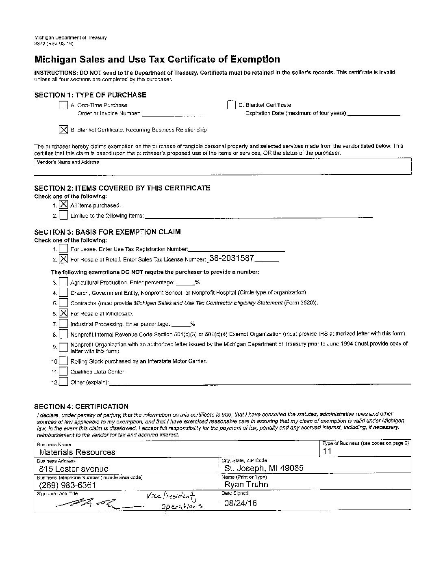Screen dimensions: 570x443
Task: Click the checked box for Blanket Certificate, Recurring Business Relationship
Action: (x=63, y=130)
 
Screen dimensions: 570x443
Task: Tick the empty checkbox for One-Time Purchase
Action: (x=63, y=105)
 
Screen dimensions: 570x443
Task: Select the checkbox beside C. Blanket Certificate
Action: (x=231, y=105)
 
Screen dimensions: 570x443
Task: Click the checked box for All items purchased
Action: (x=63, y=205)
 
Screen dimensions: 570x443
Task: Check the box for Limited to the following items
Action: (x=63, y=215)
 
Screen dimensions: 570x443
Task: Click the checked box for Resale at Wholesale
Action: (x=63, y=313)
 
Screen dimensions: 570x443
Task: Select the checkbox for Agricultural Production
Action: (x=63, y=282)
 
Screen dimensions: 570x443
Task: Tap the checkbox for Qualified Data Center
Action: (x=63, y=371)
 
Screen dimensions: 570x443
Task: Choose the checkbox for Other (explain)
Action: (x=63, y=382)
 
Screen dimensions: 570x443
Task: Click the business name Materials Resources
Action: (x=77, y=452)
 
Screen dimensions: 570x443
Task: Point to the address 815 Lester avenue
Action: (x=74, y=469)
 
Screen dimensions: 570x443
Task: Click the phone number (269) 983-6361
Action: (x=67, y=485)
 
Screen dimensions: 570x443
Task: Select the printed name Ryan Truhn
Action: (x=246, y=484)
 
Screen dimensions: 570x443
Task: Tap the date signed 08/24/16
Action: (x=240, y=503)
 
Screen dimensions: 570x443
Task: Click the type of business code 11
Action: (x=327, y=451)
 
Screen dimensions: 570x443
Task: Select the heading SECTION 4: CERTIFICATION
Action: (x=81, y=406)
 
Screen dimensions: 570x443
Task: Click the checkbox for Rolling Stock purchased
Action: (x=63, y=361)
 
